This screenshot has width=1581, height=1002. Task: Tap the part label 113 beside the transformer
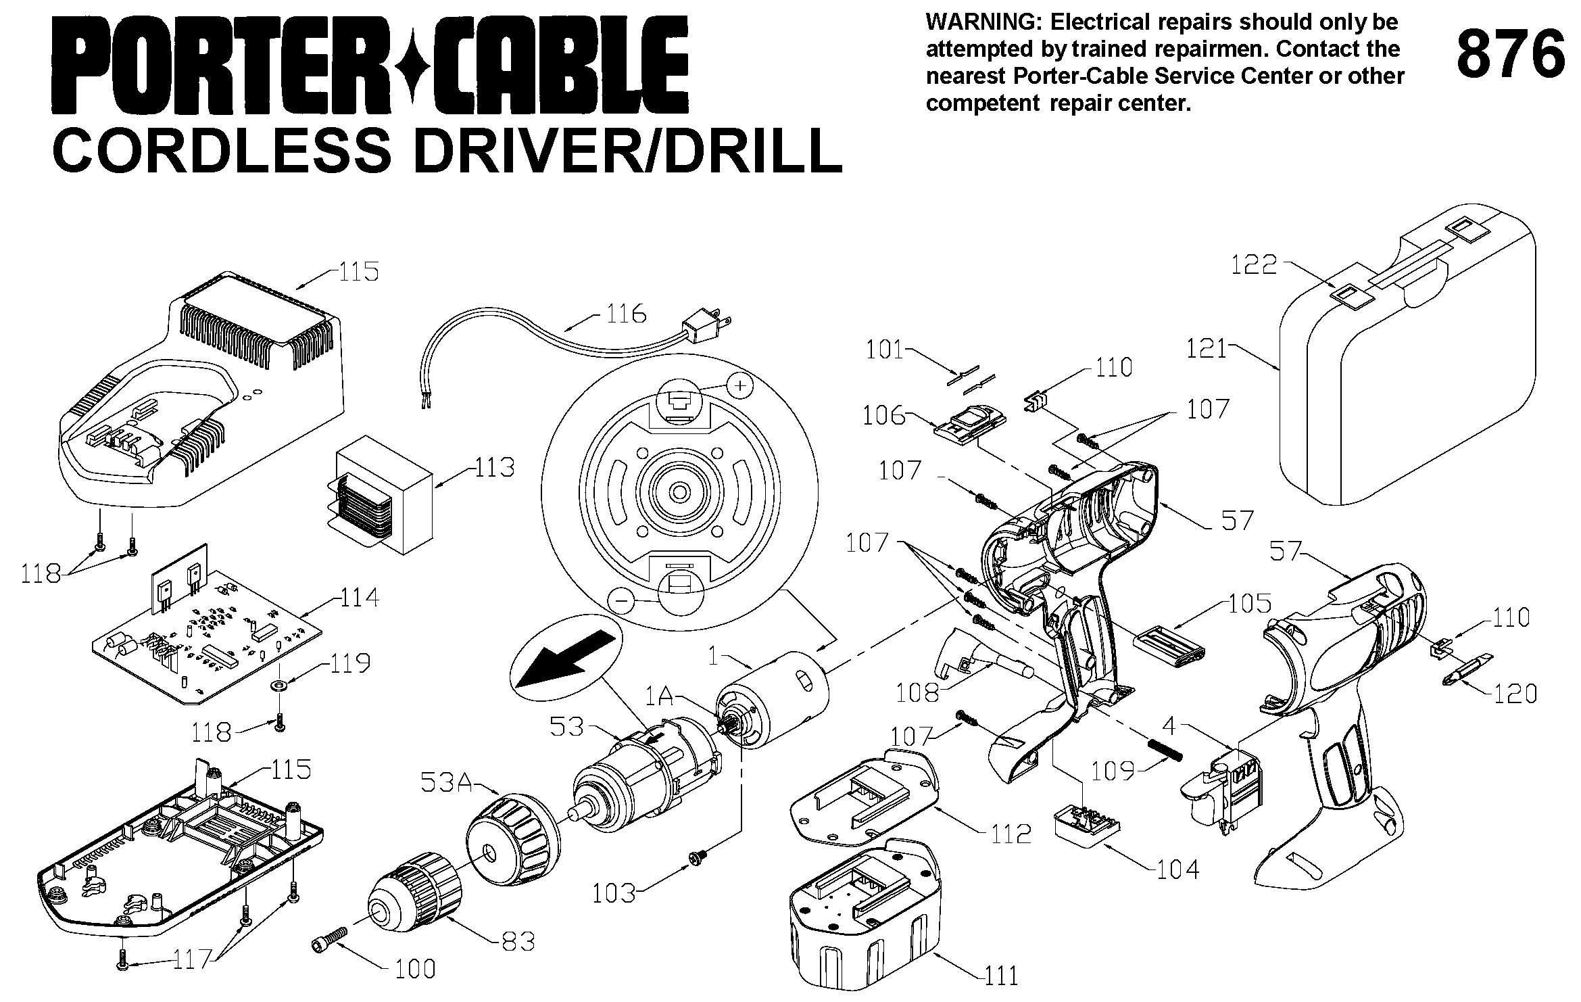click(494, 467)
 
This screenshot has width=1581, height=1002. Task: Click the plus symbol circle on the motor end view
click(741, 385)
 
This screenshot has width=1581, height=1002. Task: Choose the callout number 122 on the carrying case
click(1253, 264)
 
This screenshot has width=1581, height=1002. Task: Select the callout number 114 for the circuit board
click(358, 597)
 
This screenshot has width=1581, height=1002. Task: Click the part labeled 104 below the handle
click(1088, 824)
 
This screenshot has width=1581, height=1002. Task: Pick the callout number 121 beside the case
click(1207, 348)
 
